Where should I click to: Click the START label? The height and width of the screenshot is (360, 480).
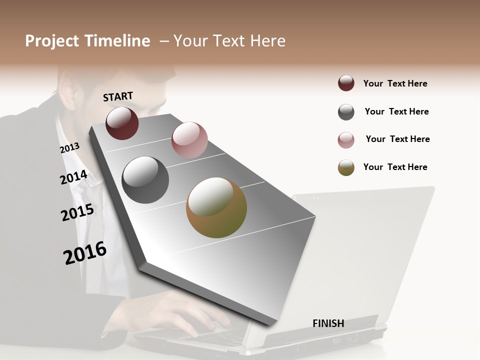point(118,96)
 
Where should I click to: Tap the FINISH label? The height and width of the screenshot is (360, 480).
point(328,323)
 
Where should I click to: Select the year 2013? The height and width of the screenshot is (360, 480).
point(69,148)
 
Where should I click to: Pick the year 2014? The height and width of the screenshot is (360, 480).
point(73,177)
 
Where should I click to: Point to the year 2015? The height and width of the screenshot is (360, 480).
point(77,212)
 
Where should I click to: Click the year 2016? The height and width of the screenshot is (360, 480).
point(85,253)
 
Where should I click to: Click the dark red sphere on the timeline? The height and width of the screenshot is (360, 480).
point(122,123)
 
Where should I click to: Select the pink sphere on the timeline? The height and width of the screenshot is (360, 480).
point(189,140)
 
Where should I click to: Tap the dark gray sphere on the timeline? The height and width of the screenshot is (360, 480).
point(145,180)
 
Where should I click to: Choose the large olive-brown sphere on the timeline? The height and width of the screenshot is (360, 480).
point(216,207)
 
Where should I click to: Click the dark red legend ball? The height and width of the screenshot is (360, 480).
point(346,83)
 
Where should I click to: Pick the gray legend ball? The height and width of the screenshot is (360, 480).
point(346,112)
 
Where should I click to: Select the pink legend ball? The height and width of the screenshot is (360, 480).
point(346,140)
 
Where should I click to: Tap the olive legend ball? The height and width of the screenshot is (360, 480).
point(346,167)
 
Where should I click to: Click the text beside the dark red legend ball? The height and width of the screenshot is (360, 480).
point(395,83)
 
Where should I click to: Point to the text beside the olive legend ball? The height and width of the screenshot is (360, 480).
point(395,167)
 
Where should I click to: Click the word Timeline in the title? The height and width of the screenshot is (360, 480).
point(117,41)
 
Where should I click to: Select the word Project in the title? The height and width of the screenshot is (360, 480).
point(51,41)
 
